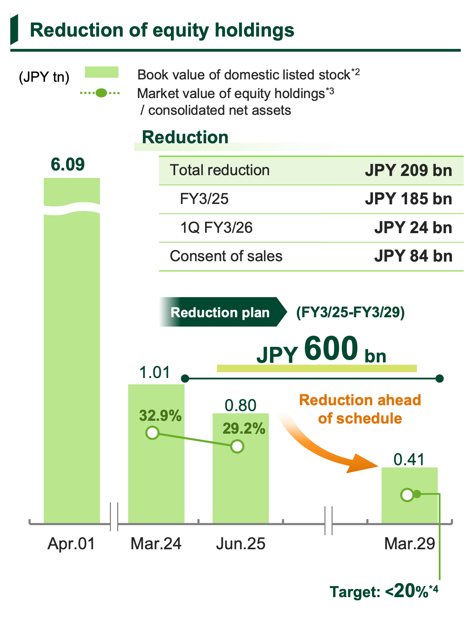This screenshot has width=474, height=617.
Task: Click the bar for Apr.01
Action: (x=72, y=350)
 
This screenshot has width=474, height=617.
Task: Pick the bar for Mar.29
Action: (x=409, y=506)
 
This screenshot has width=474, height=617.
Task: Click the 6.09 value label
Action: (x=68, y=164)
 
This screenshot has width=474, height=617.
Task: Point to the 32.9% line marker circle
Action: (x=153, y=433)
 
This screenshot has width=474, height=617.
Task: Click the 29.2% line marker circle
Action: (x=237, y=446)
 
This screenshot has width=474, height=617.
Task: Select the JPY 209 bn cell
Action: (x=408, y=171)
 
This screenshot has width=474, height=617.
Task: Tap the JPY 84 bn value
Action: (x=413, y=256)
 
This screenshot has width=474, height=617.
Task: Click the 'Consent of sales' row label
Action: (x=226, y=256)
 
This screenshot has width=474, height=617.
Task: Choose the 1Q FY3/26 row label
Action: (x=216, y=227)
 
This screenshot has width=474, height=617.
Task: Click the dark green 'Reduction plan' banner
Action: (x=221, y=312)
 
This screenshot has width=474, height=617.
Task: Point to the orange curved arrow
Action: (x=327, y=448)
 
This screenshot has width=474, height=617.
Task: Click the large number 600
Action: (x=331, y=349)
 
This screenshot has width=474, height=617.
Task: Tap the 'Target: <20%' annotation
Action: (x=384, y=592)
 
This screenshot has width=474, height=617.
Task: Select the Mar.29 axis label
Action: (x=409, y=543)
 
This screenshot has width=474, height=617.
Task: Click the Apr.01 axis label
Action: (x=72, y=543)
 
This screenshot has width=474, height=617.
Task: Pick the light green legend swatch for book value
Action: (x=102, y=72)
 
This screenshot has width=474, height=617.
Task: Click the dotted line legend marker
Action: (x=100, y=93)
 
